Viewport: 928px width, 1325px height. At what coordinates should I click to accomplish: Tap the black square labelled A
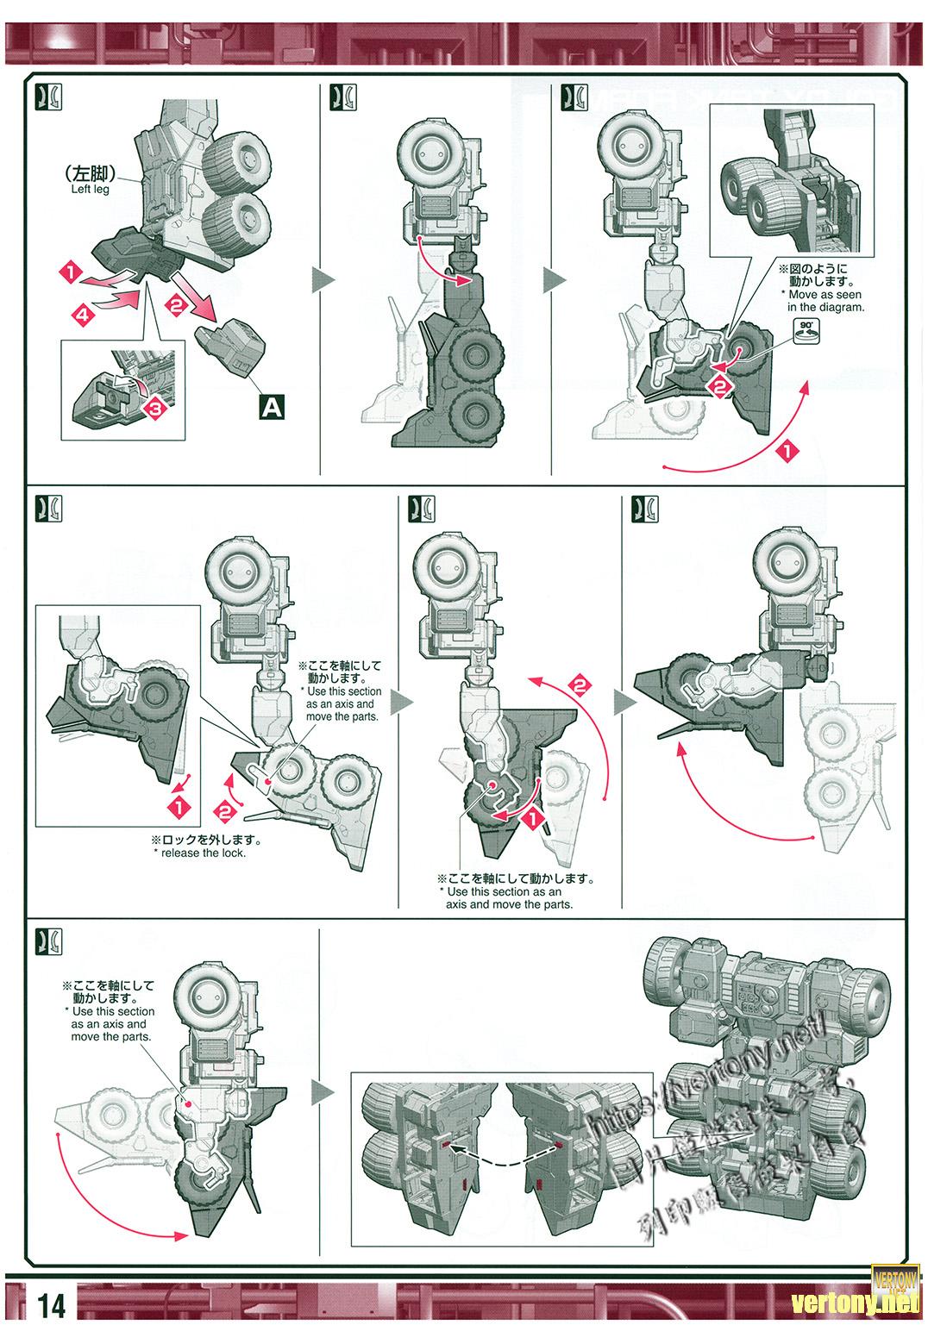click(272, 405)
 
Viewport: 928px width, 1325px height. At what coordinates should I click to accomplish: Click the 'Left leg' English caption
click(91, 189)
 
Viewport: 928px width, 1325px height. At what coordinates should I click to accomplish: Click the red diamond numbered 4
click(82, 316)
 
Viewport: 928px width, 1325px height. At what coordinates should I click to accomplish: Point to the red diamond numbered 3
click(155, 409)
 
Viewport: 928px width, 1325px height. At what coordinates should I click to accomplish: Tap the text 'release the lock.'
click(199, 853)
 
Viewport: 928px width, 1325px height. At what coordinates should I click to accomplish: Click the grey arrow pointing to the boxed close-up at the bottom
click(323, 1093)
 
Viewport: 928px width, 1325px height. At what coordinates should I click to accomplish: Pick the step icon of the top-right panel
click(572, 97)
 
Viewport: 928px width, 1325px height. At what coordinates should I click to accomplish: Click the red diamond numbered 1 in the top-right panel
click(786, 449)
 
